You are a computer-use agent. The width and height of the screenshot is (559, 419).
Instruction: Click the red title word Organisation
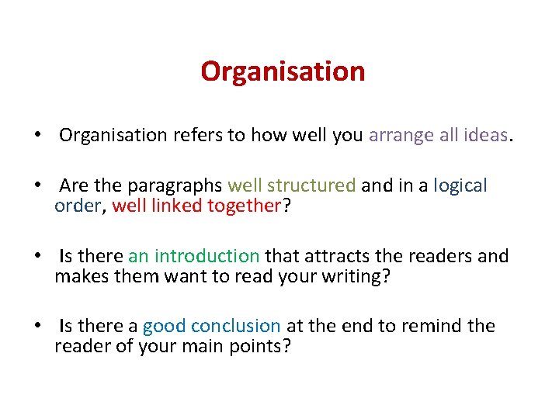(x=283, y=72)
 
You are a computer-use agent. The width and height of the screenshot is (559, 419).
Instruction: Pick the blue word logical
(x=460, y=186)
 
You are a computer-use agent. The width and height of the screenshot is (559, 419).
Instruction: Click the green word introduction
(x=207, y=256)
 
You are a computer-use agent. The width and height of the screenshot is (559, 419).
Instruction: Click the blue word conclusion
(x=236, y=326)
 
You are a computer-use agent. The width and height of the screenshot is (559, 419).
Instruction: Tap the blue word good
(x=164, y=326)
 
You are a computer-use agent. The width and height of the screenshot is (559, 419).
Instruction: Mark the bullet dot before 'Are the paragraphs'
(x=37, y=186)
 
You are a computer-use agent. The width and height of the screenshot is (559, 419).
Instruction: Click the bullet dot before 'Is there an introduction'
(x=37, y=256)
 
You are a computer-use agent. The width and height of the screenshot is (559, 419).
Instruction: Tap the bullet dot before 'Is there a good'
(x=37, y=326)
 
